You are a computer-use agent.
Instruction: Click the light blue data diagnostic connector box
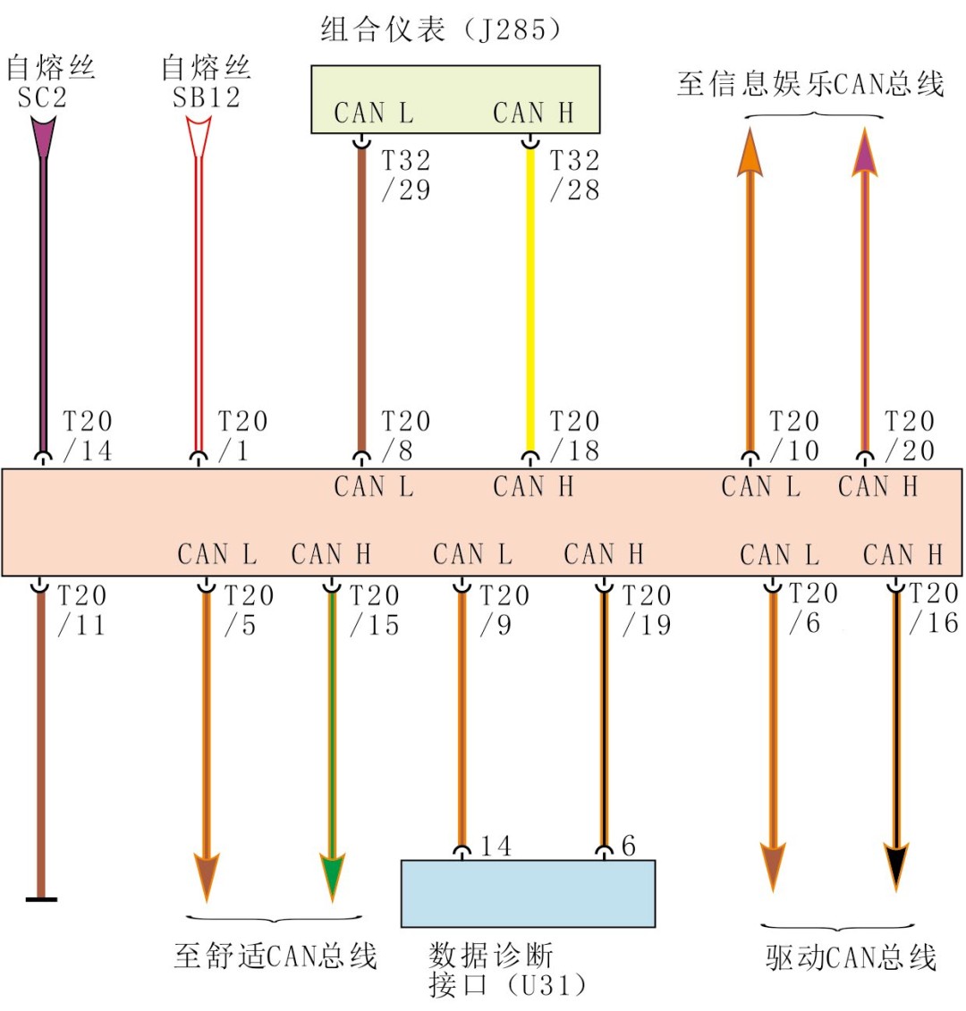528,893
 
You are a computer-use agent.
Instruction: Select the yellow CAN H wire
530,295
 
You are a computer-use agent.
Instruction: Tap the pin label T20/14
88,436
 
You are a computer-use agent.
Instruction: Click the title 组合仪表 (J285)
442,30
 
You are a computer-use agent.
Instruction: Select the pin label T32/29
406,175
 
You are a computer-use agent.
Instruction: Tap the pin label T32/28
574,175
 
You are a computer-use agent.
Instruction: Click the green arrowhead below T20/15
332,877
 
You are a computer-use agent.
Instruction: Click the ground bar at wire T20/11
40,898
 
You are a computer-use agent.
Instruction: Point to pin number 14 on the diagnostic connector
496,846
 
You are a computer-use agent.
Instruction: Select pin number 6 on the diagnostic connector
629,846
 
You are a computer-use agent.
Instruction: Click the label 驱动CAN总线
851,958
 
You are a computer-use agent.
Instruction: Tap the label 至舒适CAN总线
275,956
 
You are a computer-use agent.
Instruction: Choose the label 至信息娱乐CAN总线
810,85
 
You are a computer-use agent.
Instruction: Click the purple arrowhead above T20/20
864,154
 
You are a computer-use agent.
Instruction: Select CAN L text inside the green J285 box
374,114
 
